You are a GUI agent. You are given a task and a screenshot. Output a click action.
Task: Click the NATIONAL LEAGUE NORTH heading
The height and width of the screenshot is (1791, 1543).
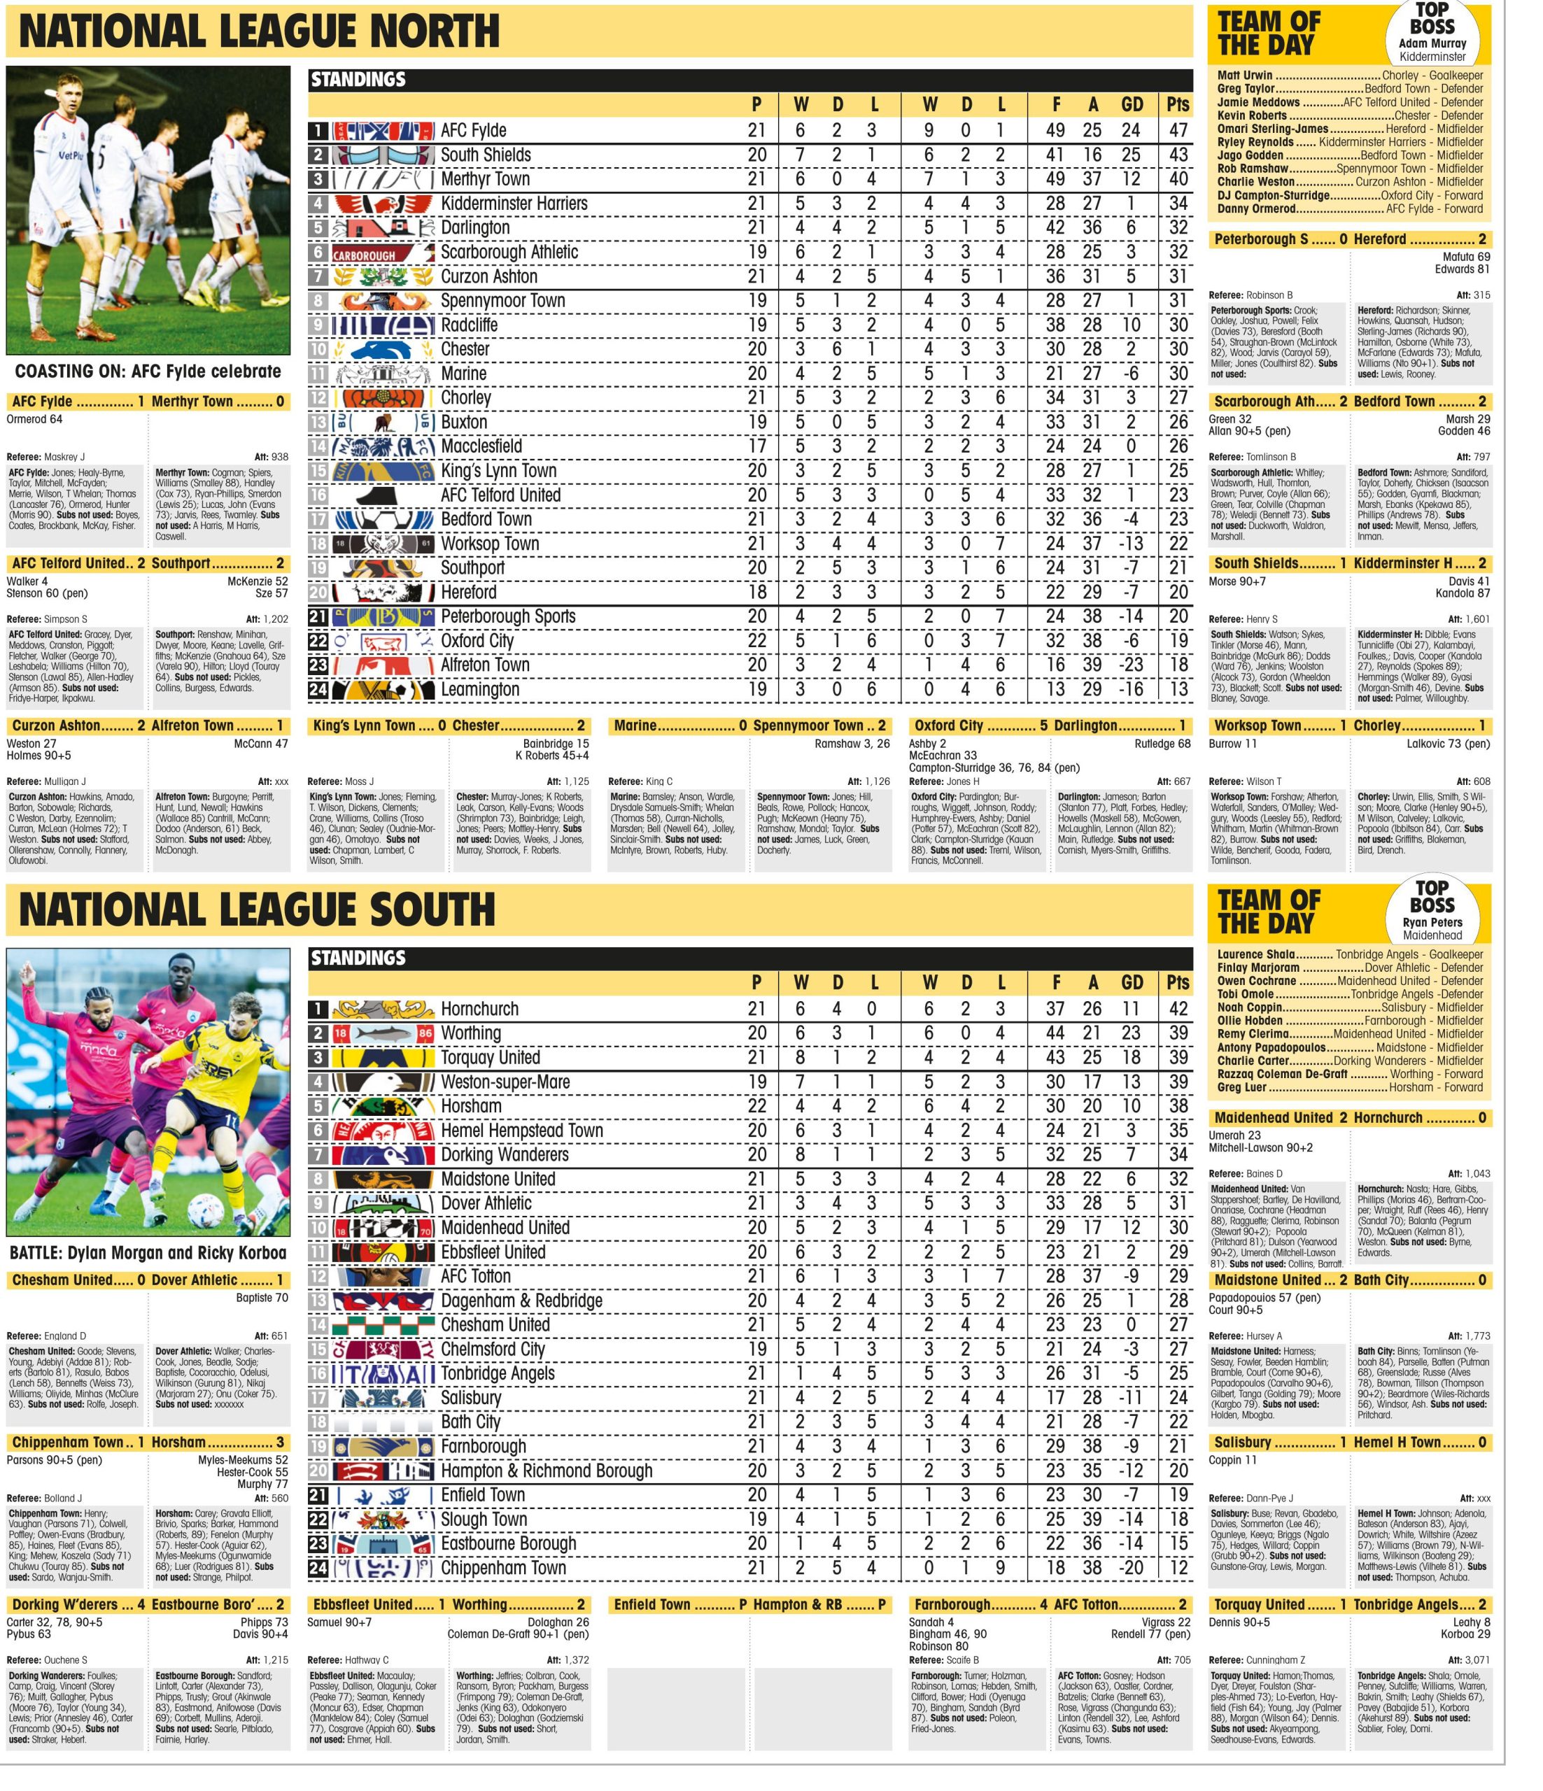click(x=260, y=31)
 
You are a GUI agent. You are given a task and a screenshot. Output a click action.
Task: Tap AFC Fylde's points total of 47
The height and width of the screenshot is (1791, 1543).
click(x=1176, y=131)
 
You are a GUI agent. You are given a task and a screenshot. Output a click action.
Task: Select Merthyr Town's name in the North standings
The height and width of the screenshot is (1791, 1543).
click(x=485, y=179)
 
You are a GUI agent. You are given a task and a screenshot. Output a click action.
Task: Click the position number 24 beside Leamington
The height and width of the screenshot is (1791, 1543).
click(x=318, y=690)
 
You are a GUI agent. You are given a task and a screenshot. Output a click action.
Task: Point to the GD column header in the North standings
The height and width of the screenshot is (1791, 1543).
click(x=1132, y=104)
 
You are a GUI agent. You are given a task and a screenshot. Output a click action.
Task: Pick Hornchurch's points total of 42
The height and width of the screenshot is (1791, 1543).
click(x=1176, y=1009)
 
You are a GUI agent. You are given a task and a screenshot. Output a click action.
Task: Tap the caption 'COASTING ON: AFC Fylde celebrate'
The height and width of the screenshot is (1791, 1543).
click(x=148, y=371)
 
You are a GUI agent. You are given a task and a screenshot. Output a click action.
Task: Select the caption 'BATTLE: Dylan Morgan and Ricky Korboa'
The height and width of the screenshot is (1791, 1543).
click(x=148, y=1252)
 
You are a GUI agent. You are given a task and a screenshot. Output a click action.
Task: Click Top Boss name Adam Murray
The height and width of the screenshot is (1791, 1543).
click(x=1432, y=43)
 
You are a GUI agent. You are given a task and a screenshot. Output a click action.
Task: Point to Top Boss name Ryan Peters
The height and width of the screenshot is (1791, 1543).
click(x=1432, y=922)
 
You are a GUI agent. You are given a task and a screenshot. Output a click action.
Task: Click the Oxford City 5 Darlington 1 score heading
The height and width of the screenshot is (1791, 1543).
click(x=1048, y=726)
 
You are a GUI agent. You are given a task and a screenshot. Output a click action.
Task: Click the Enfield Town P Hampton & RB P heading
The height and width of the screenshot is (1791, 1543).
click(x=749, y=1604)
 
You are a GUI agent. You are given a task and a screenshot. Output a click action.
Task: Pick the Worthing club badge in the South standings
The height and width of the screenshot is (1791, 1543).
click(x=383, y=1033)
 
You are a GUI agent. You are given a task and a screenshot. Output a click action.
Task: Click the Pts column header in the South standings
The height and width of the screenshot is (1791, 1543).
click(x=1176, y=983)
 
